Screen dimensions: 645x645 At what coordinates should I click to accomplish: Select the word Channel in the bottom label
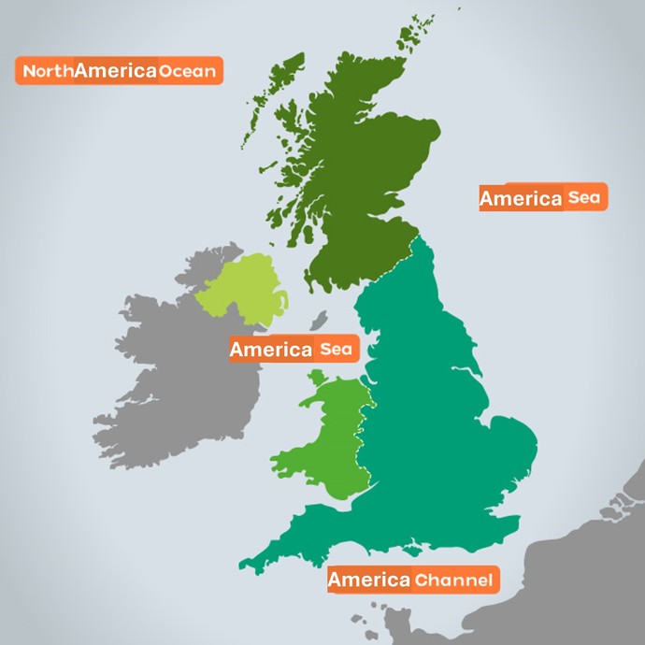[452, 580]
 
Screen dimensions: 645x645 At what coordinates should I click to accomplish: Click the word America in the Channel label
[368, 580]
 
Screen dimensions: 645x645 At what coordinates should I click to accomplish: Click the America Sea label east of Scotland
[543, 197]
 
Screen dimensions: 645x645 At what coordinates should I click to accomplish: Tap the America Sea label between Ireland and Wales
[293, 350]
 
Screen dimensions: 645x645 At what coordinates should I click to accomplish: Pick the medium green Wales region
[327, 439]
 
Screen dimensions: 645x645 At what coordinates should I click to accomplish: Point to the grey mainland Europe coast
[589, 580]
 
